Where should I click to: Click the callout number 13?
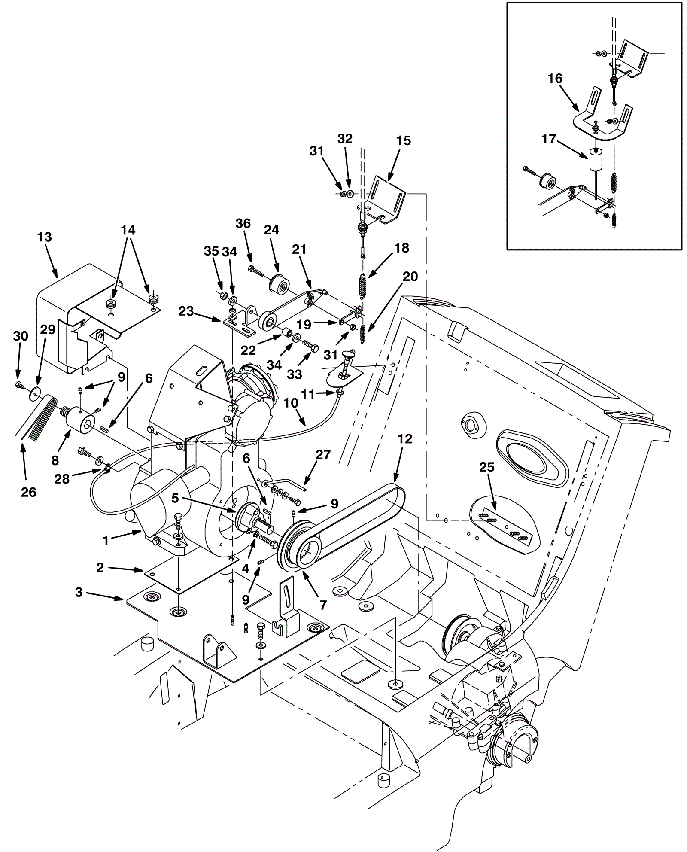click(x=44, y=237)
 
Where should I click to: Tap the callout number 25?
click(x=487, y=467)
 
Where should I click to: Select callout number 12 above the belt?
click(x=405, y=439)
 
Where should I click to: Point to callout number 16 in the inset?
click(x=555, y=79)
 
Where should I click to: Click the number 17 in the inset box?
click(x=549, y=139)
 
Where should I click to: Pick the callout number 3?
click(x=79, y=592)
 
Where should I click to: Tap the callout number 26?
click(x=29, y=492)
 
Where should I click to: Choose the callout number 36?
click(x=243, y=223)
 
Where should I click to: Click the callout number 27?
click(x=323, y=455)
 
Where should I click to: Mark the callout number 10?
click(x=291, y=403)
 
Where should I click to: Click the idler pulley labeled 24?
click(x=279, y=284)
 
